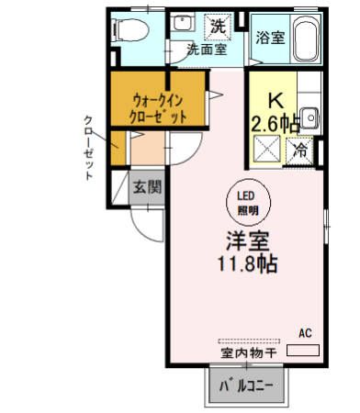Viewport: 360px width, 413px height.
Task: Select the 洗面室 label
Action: click(207, 50)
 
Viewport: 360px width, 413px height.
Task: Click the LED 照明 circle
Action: click(248, 201)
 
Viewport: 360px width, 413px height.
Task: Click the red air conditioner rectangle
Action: click(304, 350)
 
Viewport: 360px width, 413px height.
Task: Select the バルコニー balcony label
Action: click(246, 386)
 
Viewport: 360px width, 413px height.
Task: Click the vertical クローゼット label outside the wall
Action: click(88, 147)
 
